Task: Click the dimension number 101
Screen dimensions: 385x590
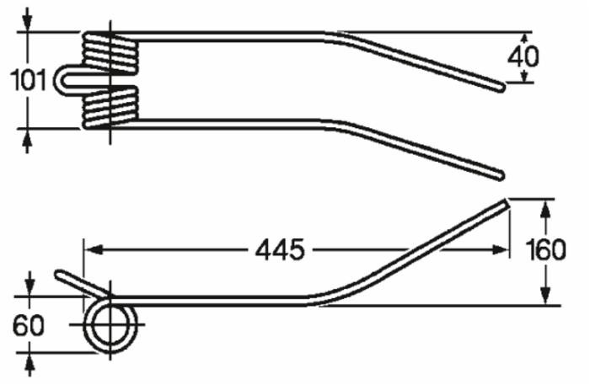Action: coord(27,81)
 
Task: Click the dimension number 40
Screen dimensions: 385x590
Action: coord(523,58)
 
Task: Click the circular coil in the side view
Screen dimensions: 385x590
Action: coord(113,324)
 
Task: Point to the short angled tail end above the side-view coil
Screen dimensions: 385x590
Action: coord(61,275)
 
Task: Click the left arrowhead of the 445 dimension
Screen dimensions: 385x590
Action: coord(92,249)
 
